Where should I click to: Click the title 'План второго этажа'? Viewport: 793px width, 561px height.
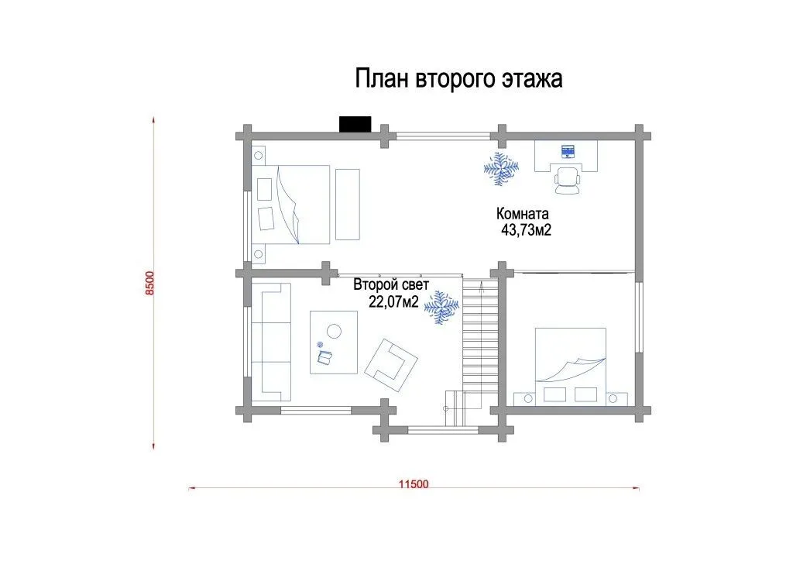pyautogui.click(x=458, y=79)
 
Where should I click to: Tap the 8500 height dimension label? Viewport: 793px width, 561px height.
pyautogui.click(x=149, y=284)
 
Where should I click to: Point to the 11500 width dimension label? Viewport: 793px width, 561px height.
pyautogui.click(x=414, y=484)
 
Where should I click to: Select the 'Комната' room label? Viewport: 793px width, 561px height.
pyautogui.click(x=522, y=213)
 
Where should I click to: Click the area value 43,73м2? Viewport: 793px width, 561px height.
pyautogui.click(x=526, y=230)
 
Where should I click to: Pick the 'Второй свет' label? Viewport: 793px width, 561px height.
pyautogui.click(x=391, y=285)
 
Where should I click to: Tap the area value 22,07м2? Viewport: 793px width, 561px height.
pyautogui.click(x=393, y=302)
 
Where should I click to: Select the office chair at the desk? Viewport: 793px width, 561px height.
pyautogui.click(x=568, y=181)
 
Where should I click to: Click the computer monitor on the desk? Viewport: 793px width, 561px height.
pyautogui.click(x=568, y=151)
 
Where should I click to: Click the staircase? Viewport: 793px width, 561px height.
pyautogui.click(x=480, y=344)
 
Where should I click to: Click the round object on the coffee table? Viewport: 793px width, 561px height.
pyautogui.click(x=334, y=332)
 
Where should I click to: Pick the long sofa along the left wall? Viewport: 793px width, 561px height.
pyautogui.click(x=271, y=341)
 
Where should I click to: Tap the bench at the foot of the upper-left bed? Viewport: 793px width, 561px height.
pyautogui.click(x=348, y=205)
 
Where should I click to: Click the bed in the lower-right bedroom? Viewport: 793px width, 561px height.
pyautogui.click(x=571, y=365)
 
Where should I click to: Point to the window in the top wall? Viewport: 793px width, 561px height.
pyautogui.click(x=443, y=136)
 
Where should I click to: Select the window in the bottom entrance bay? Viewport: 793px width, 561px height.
pyautogui.click(x=443, y=431)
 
